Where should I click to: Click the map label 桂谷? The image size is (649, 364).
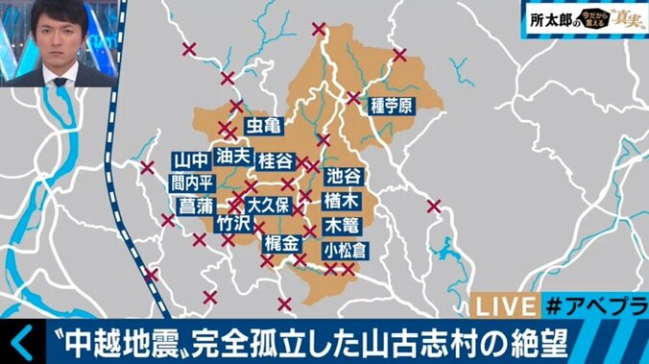tap(276, 160)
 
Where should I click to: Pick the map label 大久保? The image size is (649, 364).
tap(268, 205)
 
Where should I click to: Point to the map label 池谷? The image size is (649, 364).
tap(344, 175)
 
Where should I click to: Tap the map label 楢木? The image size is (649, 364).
tap(344, 201)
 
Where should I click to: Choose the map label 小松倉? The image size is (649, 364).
tap(347, 250)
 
